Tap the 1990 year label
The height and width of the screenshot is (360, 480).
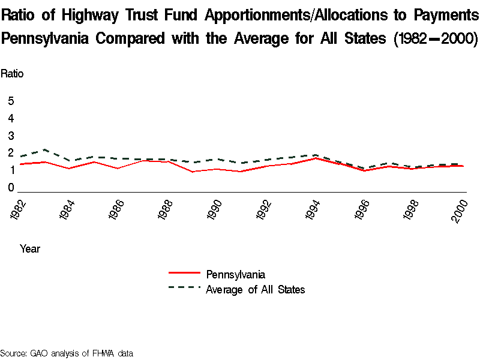[215, 210]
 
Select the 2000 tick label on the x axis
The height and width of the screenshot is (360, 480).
[460, 210]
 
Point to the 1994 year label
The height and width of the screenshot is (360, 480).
[313, 210]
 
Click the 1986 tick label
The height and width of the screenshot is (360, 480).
[118, 210]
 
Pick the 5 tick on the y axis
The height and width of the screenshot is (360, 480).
[11, 101]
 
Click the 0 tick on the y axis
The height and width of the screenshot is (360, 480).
[11, 188]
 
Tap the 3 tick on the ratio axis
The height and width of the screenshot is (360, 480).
[11, 136]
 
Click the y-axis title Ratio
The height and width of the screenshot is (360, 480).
[12, 74]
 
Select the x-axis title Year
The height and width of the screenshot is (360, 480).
[30, 248]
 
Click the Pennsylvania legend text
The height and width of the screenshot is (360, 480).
[235, 275]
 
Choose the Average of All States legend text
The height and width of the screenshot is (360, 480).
[256, 290]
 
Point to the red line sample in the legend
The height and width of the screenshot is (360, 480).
[184, 274]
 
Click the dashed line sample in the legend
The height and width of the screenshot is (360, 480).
[184, 287]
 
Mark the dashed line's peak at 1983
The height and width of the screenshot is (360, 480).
[45, 149]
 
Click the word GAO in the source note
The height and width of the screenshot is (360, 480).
[40, 353]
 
